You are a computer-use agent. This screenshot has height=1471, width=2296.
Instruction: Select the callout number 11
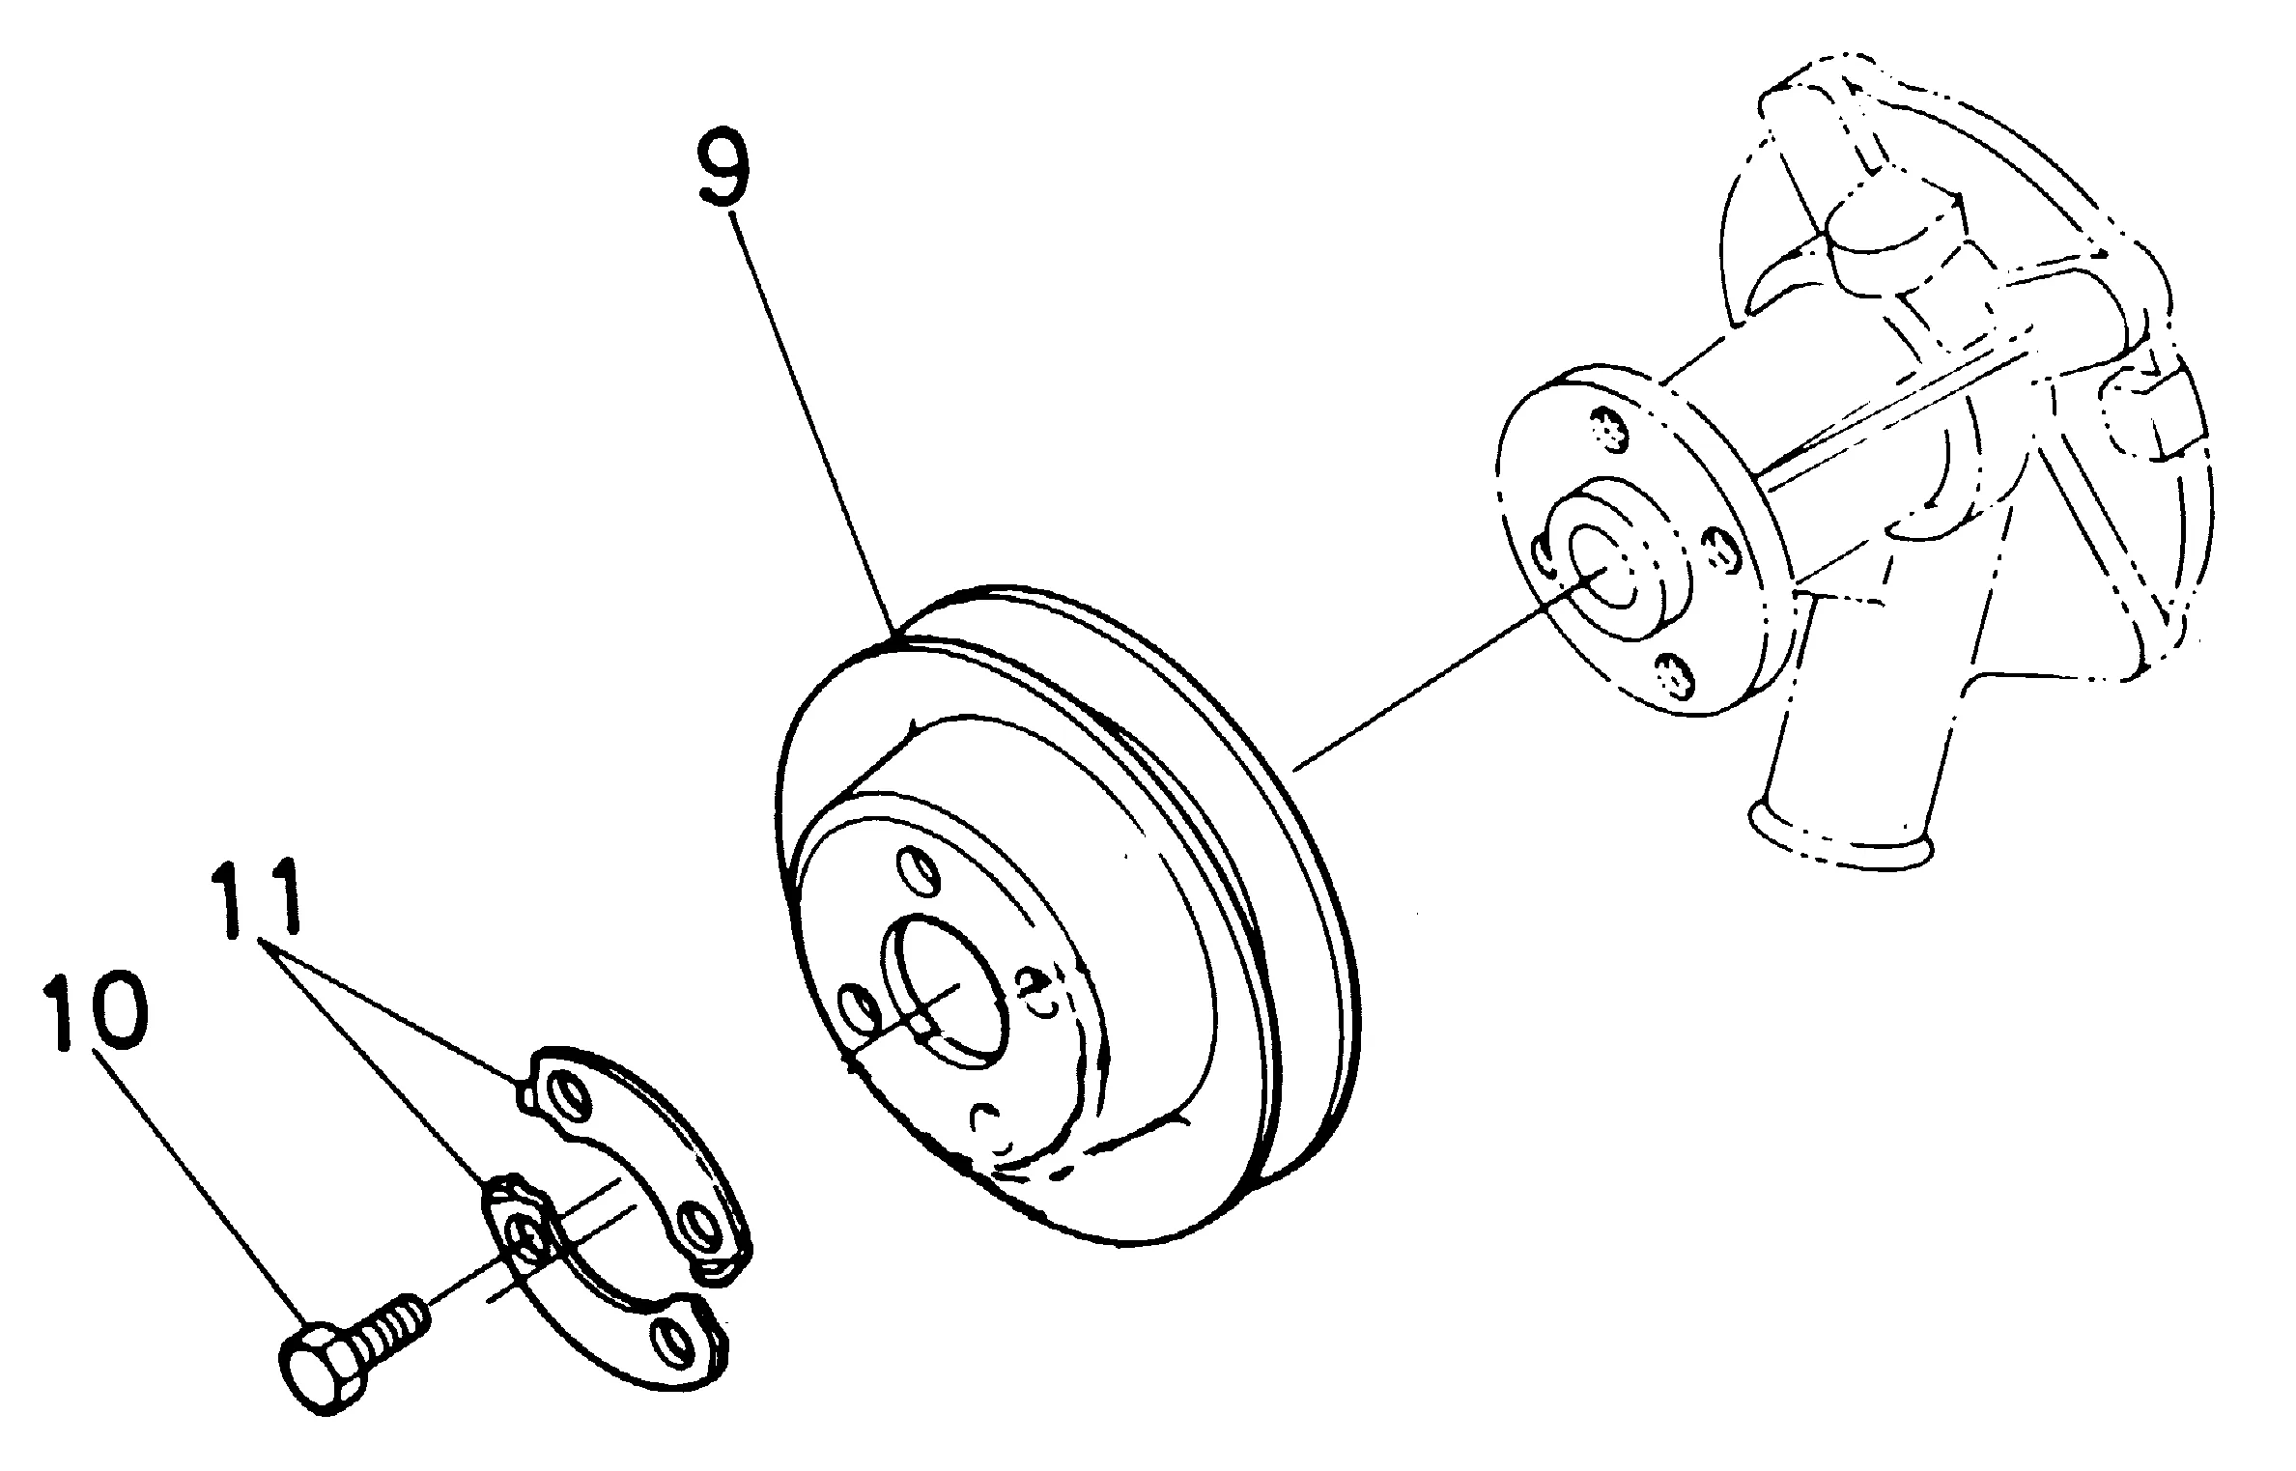[256, 901]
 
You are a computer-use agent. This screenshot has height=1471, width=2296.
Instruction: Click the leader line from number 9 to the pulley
[811, 425]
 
